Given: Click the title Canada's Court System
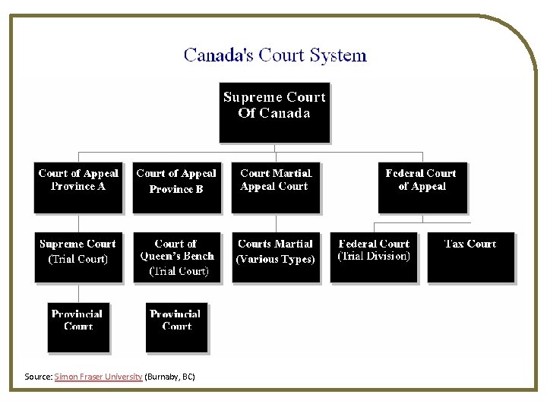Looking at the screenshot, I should [x=275, y=55].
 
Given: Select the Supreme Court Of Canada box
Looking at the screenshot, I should [x=274, y=112].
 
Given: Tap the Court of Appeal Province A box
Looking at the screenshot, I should [x=78, y=187].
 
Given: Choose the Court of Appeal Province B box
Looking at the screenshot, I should [x=176, y=187].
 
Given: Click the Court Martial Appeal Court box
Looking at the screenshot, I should [x=275, y=187].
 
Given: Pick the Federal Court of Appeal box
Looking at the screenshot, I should [x=422, y=187].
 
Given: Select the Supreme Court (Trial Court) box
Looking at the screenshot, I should [x=78, y=257].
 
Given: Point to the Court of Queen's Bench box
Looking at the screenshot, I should [x=176, y=257].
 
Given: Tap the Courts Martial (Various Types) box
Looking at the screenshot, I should [x=275, y=257].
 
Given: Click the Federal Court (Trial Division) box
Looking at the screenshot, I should [x=374, y=257].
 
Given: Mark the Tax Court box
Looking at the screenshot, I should [x=470, y=257].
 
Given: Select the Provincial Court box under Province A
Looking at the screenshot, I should [x=78, y=327].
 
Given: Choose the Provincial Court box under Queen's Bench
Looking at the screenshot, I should [x=176, y=327].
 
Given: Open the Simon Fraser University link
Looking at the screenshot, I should [x=98, y=377].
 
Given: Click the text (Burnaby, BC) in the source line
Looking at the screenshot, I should [x=169, y=377].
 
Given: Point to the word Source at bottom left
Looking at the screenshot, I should [x=37, y=377].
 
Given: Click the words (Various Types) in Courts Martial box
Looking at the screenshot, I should [x=275, y=260].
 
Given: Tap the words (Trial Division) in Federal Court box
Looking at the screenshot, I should [x=374, y=257].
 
